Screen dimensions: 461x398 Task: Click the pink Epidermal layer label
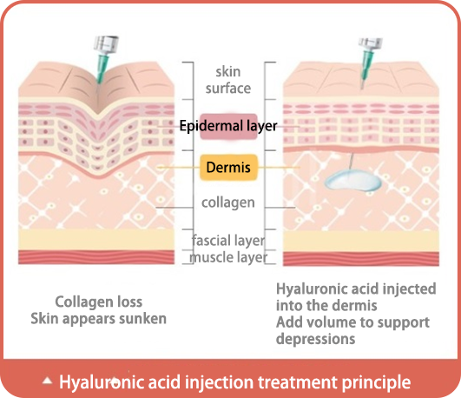[x=228, y=126]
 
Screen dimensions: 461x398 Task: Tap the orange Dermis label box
[x=228, y=167]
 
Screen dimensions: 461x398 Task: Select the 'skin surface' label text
[x=228, y=80]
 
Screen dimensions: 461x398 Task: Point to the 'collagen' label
[x=228, y=202]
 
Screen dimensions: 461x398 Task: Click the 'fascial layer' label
[x=228, y=240]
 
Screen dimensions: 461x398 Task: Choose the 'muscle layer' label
[x=228, y=257]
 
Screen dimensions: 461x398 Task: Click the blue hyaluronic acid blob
[x=352, y=181]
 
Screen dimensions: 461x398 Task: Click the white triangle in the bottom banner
[x=47, y=381]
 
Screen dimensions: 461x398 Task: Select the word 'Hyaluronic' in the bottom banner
[x=102, y=382]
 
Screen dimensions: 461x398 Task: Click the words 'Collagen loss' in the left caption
[x=99, y=302]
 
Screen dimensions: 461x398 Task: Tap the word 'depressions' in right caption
[x=315, y=339]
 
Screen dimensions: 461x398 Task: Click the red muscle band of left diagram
[x=96, y=257]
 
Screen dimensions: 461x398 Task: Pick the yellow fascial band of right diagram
[x=361, y=242]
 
